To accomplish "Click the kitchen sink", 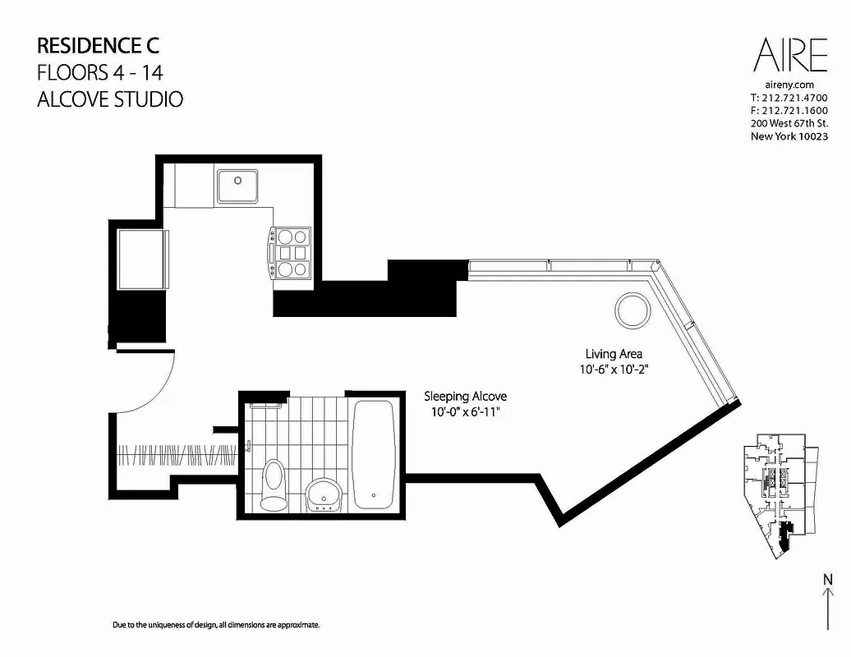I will tap(237, 186).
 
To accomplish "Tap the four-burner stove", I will tap(291, 252).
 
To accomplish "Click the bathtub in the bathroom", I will tap(375, 454).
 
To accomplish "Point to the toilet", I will tap(272, 484).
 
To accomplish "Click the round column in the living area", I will tap(632, 310).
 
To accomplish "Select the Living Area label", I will tap(614, 355).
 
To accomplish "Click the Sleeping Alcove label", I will tap(465, 395).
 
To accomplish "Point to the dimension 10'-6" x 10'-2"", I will tap(614, 370).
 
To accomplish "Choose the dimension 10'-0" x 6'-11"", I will tap(465, 411).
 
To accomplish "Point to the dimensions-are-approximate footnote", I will tap(215, 625).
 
